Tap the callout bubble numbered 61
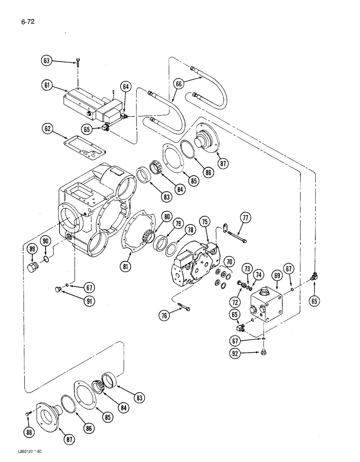click(x=47, y=85)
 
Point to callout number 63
click(x=47, y=61)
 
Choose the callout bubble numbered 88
click(x=30, y=432)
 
